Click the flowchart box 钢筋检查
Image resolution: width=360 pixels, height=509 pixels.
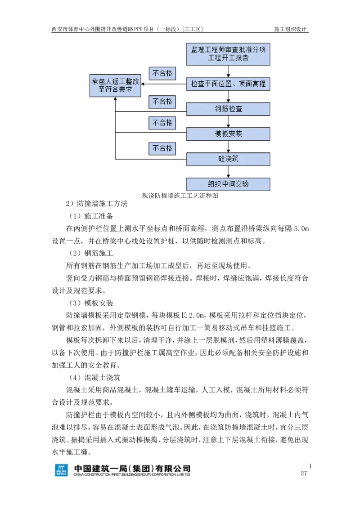pyautogui.click(x=228, y=109)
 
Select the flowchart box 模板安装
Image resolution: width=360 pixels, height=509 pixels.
pyautogui.click(x=228, y=134)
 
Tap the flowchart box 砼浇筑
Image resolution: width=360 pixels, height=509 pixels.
pyautogui.click(x=228, y=159)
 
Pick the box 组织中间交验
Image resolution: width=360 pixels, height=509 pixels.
pyautogui.click(x=228, y=184)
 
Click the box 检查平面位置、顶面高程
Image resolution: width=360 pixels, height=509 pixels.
pyautogui.click(x=228, y=84)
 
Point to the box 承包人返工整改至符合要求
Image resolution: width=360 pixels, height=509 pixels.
pyautogui.click(x=115, y=86)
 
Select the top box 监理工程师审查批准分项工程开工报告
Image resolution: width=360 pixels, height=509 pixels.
pyautogui.click(x=228, y=54)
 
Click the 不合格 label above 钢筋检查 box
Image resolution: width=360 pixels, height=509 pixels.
pyautogui.click(x=162, y=102)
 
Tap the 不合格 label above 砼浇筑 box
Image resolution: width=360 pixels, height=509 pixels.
pyautogui.click(x=162, y=148)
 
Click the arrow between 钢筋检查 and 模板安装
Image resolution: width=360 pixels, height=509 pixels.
pyautogui.click(x=229, y=121)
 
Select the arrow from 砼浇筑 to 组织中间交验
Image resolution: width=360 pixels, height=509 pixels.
pyautogui.click(x=229, y=171)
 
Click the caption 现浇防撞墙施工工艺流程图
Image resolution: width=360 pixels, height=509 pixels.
pyautogui.click(x=180, y=196)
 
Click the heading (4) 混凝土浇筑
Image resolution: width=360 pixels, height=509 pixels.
pyautogui.click(x=94, y=378)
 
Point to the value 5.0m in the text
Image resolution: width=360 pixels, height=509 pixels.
pyautogui.click(x=301, y=229)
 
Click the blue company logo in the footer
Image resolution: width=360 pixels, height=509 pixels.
pyautogui.click(x=61, y=470)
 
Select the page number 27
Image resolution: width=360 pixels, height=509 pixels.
pyautogui.click(x=304, y=473)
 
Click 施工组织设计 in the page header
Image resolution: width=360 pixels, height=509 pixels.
pyautogui.click(x=290, y=29)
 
